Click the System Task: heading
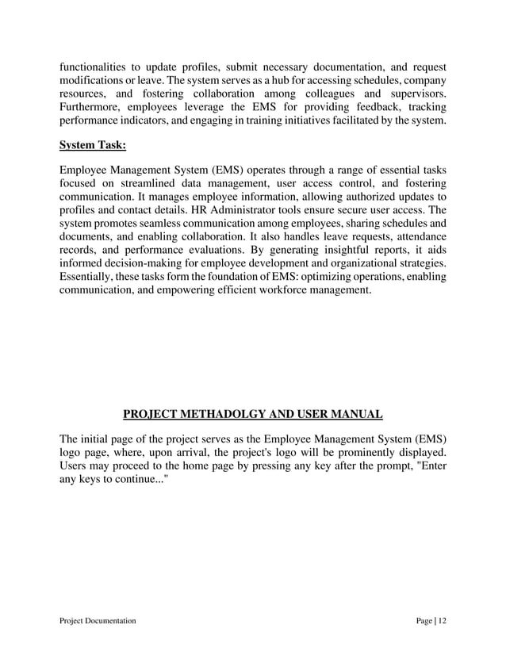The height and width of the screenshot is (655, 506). pyautogui.click(x=93, y=144)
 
